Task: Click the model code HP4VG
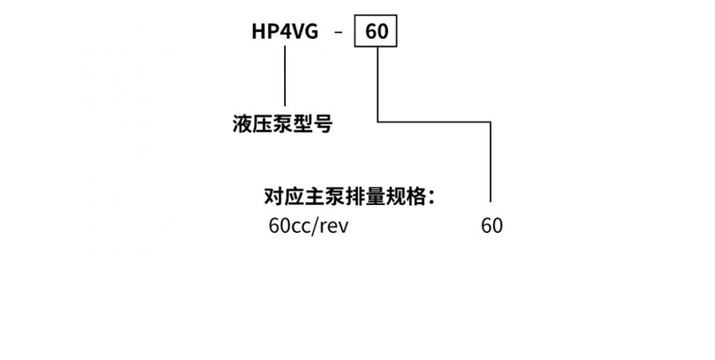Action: click(284, 33)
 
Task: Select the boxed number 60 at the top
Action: click(377, 33)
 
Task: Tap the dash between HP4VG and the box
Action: click(337, 34)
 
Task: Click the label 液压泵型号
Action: click(282, 124)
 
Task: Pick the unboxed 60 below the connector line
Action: click(491, 226)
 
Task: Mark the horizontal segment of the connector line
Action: click(435, 121)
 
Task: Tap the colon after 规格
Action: click(431, 197)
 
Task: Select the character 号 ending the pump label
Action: click(322, 124)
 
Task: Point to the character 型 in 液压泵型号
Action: click(302, 124)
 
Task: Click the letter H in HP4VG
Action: click(258, 33)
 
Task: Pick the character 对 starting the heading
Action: click(274, 196)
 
